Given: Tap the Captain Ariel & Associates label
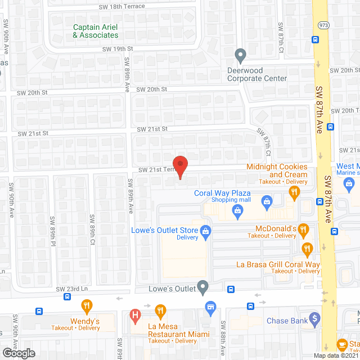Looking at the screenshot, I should tap(96, 31).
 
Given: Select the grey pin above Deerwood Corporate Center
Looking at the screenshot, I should tap(241, 56).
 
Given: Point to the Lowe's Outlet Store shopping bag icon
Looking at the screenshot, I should tap(206, 231).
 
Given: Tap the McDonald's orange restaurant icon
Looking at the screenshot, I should tap(304, 229).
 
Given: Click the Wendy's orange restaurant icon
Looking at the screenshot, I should tap(86, 307).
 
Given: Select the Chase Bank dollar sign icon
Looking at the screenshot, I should tap(315, 318).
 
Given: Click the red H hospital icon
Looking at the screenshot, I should tap(134, 316).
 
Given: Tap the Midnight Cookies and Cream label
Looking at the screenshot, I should tap(277, 170).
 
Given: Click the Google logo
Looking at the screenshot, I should tap(18, 353).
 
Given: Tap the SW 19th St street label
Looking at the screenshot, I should tap(116, 49).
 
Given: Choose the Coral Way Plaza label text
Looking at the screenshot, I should tap(222, 193).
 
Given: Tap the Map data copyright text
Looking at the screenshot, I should tap(335, 355).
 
